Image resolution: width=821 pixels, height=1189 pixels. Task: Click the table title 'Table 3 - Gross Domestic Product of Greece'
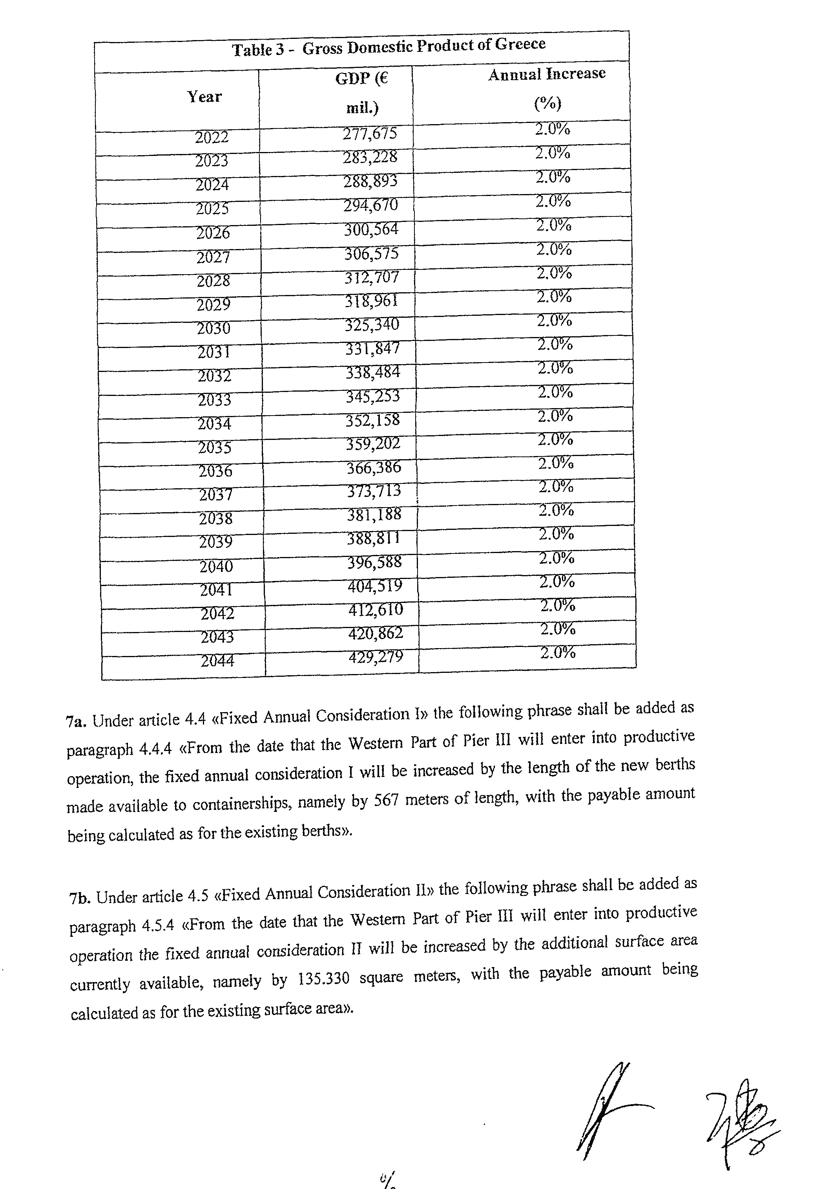click(x=389, y=47)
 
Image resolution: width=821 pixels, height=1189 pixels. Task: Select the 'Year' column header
click(x=204, y=97)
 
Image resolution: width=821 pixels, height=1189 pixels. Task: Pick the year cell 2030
click(x=213, y=328)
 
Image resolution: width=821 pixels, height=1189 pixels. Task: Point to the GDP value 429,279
click(x=376, y=657)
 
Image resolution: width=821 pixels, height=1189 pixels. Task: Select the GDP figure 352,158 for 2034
click(x=372, y=420)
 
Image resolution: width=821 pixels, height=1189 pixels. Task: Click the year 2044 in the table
click(x=217, y=660)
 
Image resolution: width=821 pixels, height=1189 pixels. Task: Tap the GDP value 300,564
click(x=371, y=229)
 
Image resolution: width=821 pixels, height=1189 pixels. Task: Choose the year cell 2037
click(x=215, y=495)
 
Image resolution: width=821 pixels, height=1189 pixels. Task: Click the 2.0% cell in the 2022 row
click(x=553, y=129)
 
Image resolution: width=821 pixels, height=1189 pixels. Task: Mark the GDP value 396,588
click(x=374, y=562)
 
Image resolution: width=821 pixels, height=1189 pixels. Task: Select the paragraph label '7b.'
click(x=79, y=899)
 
